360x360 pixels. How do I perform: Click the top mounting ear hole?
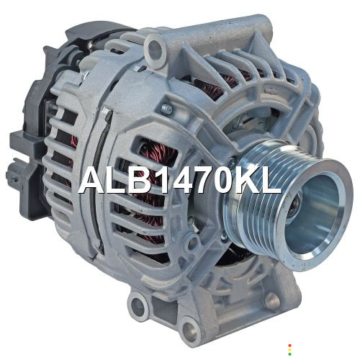155,50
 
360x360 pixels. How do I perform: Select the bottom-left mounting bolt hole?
138,308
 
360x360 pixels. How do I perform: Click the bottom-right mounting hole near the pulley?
272,300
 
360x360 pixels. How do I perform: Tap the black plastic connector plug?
20,173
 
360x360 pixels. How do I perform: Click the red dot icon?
290,346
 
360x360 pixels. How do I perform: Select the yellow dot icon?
290,350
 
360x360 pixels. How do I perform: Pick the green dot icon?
290,354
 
